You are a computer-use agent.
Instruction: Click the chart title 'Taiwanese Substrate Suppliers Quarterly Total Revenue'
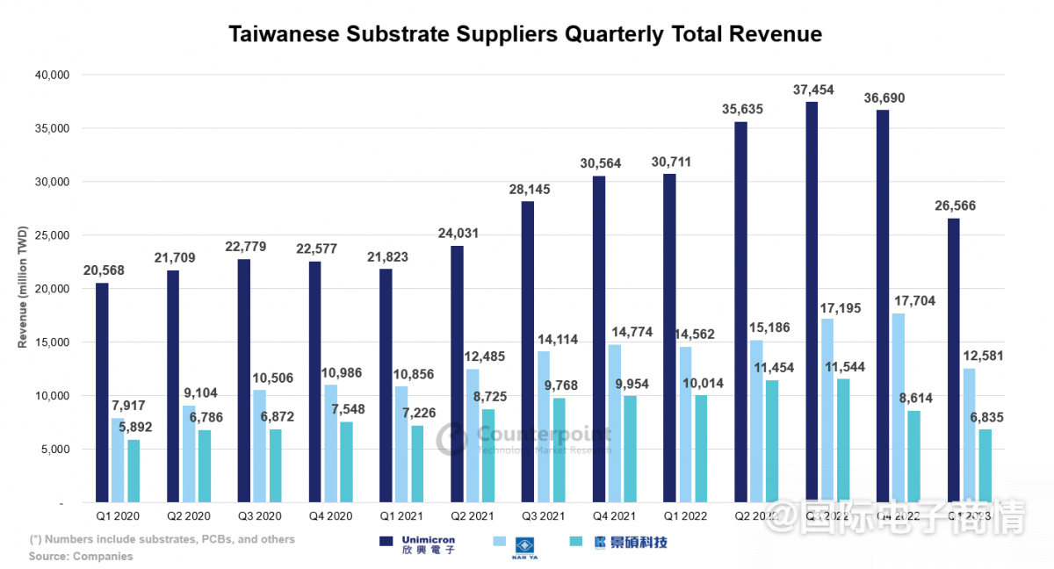click(x=525, y=34)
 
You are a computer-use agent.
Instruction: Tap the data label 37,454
click(x=812, y=90)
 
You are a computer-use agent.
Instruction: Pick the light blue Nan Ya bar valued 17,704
click(x=899, y=408)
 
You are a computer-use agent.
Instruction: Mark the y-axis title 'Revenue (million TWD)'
click(x=23, y=287)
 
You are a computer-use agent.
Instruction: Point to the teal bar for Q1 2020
click(x=134, y=472)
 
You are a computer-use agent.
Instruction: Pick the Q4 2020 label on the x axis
click(x=331, y=517)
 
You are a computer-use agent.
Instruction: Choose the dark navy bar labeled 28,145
click(x=528, y=352)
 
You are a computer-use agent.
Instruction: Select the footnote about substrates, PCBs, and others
click(x=162, y=539)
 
